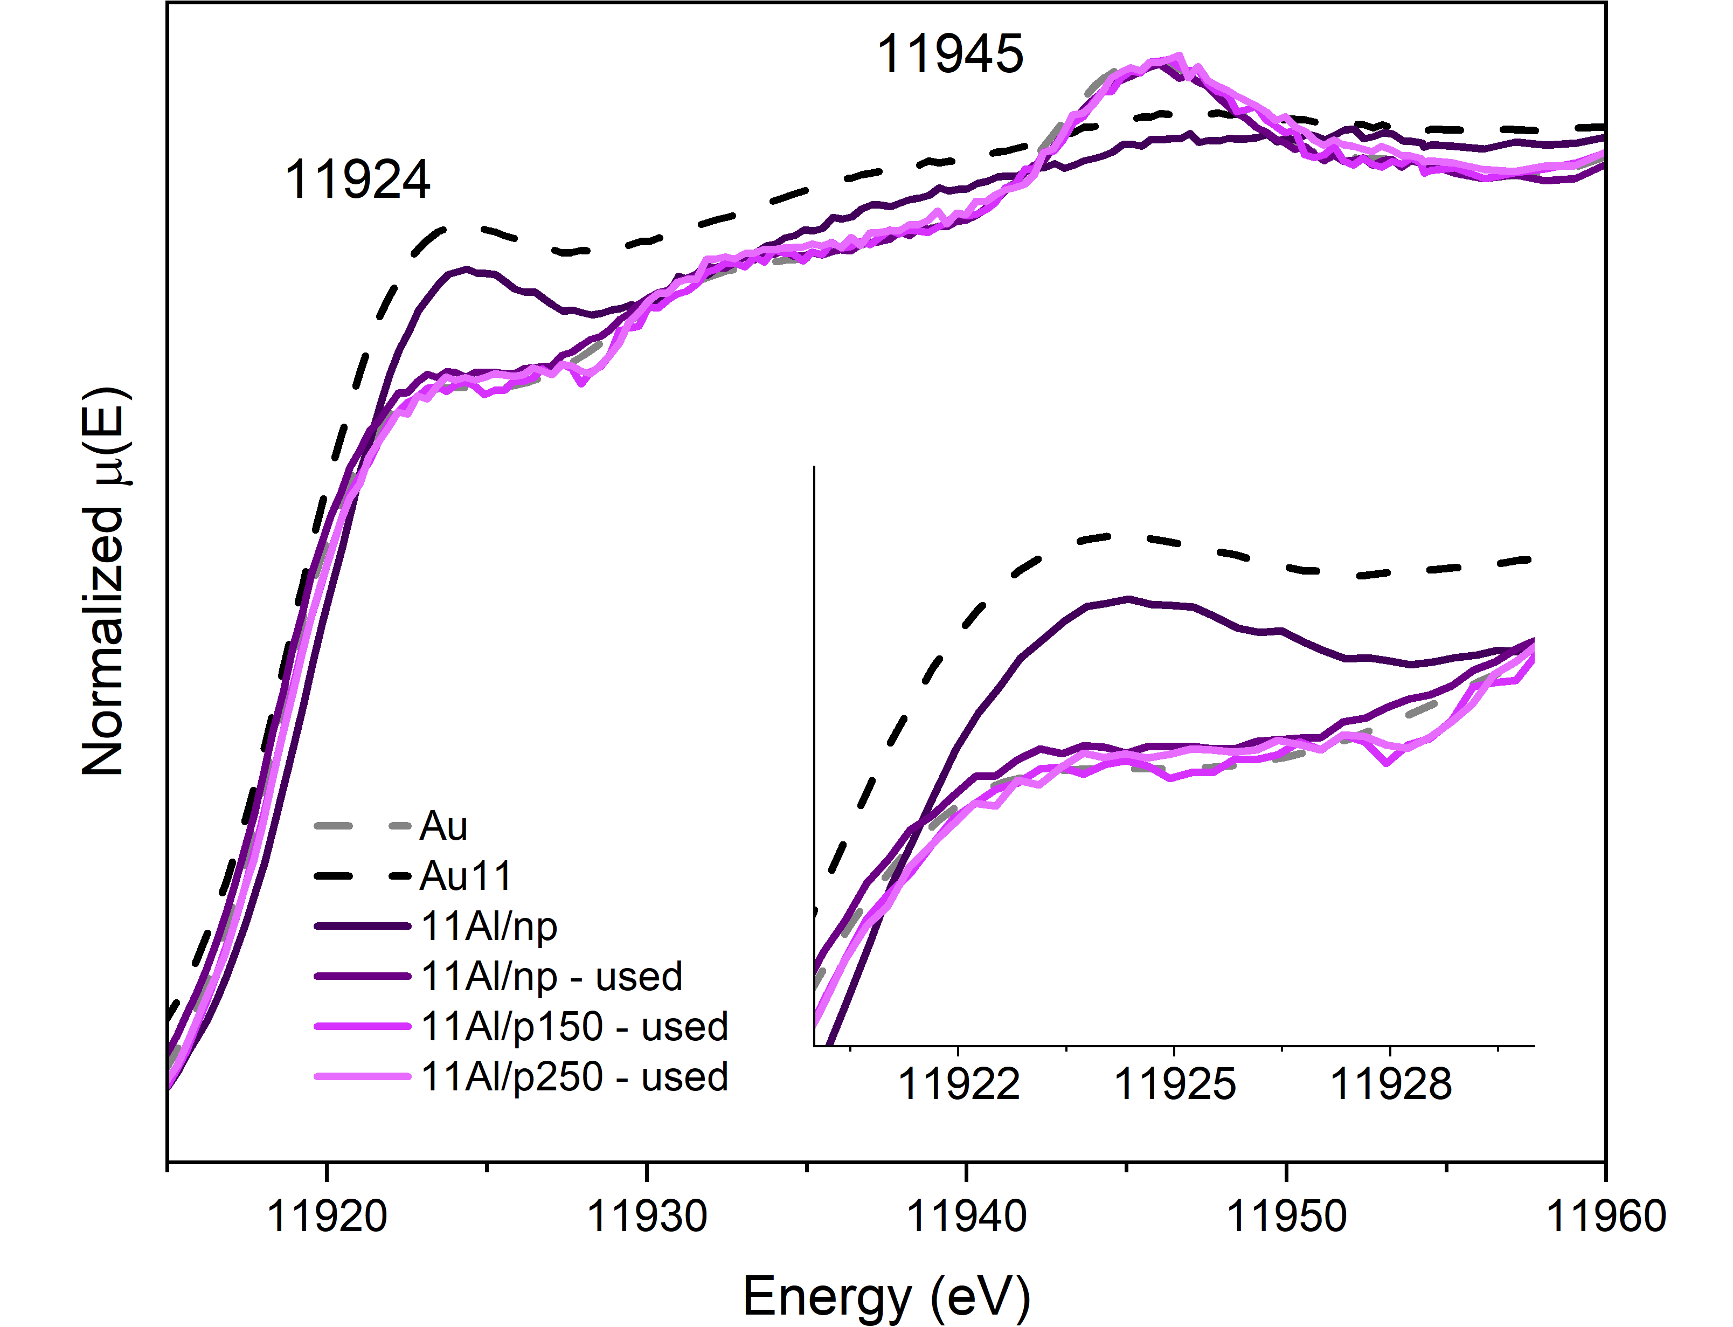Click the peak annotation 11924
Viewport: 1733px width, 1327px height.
pos(357,179)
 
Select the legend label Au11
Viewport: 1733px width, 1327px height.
pos(466,876)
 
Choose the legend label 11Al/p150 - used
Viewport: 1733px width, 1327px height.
pos(574,1027)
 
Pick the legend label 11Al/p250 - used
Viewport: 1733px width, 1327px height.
pos(574,1076)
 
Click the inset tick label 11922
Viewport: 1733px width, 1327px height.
pos(959,1084)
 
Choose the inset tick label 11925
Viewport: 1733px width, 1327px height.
pos(1174,1084)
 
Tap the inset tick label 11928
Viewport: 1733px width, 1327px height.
pos(1390,1084)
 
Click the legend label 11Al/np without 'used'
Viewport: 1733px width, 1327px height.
pos(489,927)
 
